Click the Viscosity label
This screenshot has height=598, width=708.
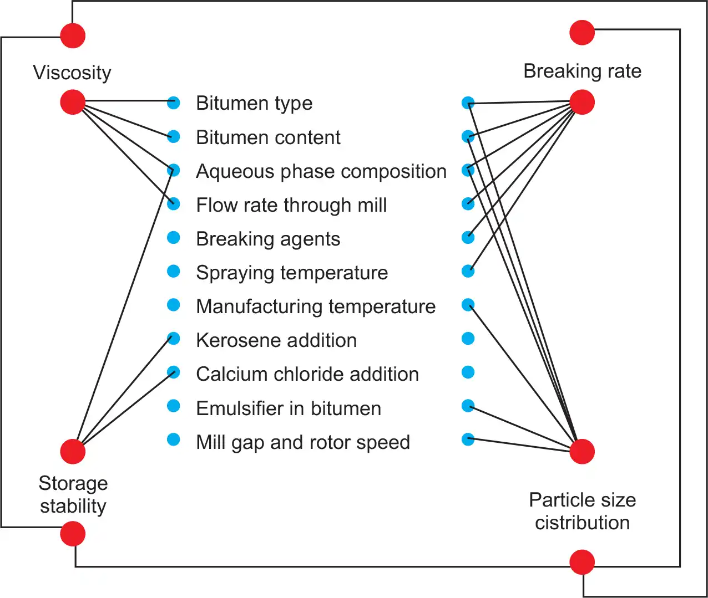pyautogui.click(x=72, y=73)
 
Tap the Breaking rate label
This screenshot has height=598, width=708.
pyautogui.click(x=582, y=71)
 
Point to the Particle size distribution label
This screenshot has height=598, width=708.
pyautogui.click(x=582, y=511)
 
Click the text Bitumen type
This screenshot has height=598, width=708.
pyautogui.click(x=254, y=103)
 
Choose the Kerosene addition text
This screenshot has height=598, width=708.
pyautogui.click(x=276, y=340)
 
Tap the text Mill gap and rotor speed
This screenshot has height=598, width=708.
pyautogui.click(x=303, y=442)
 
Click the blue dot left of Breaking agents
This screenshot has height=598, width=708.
pyautogui.click(x=174, y=238)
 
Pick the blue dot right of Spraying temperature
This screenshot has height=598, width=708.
pyautogui.click(x=468, y=271)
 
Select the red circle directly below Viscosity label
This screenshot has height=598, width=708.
pyautogui.click(x=73, y=103)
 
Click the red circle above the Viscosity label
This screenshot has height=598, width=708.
pyautogui.click(x=73, y=35)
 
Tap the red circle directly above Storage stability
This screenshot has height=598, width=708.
pyautogui.click(x=73, y=451)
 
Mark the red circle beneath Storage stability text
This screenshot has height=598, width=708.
pyautogui.click(x=73, y=534)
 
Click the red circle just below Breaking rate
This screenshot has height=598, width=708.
pyautogui.click(x=582, y=103)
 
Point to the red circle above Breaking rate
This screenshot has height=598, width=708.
pyautogui.click(x=582, y=33)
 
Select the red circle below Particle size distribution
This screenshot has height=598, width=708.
pyautogui.click(x=582, y=562)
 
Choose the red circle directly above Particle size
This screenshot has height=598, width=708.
pyautogui.click(x=582, y=451)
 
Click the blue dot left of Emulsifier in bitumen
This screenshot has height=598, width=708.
pyautogui.click(x=174, y=406)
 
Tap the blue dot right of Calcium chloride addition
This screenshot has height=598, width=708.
pyautogui.click(x=468, y=372)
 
